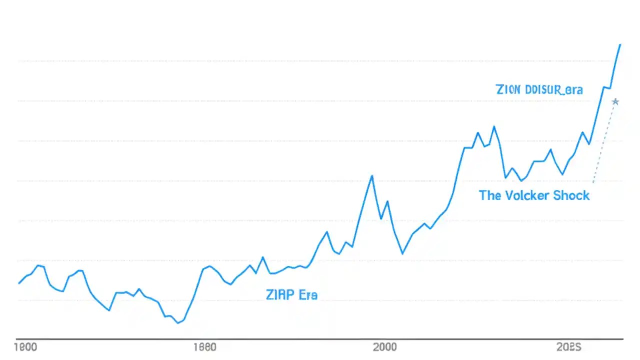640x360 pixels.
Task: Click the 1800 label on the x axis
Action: [26, 347]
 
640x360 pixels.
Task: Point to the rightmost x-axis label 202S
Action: [568, 347]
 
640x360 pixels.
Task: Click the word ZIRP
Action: [280, 294]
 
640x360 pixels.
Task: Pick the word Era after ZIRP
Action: [307, 294]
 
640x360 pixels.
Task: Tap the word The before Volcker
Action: [490, 195]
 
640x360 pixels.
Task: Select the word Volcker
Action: [525, 195]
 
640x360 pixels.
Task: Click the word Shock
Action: [571, 195]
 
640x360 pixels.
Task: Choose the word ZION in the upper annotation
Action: [508, 90]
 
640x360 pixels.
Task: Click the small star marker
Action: [615, 101]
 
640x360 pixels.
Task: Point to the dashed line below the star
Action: [604, 142]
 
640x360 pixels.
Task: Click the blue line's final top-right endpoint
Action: [620, 44]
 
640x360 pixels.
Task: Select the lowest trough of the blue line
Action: [178, 323]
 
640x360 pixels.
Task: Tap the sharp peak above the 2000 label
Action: [371, 176]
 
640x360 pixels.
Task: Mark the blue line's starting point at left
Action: [19, 283]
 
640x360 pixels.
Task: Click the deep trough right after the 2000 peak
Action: [402, 253]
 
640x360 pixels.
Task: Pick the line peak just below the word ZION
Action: [494, 126]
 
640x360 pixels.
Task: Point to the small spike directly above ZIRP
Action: [263, 257]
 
